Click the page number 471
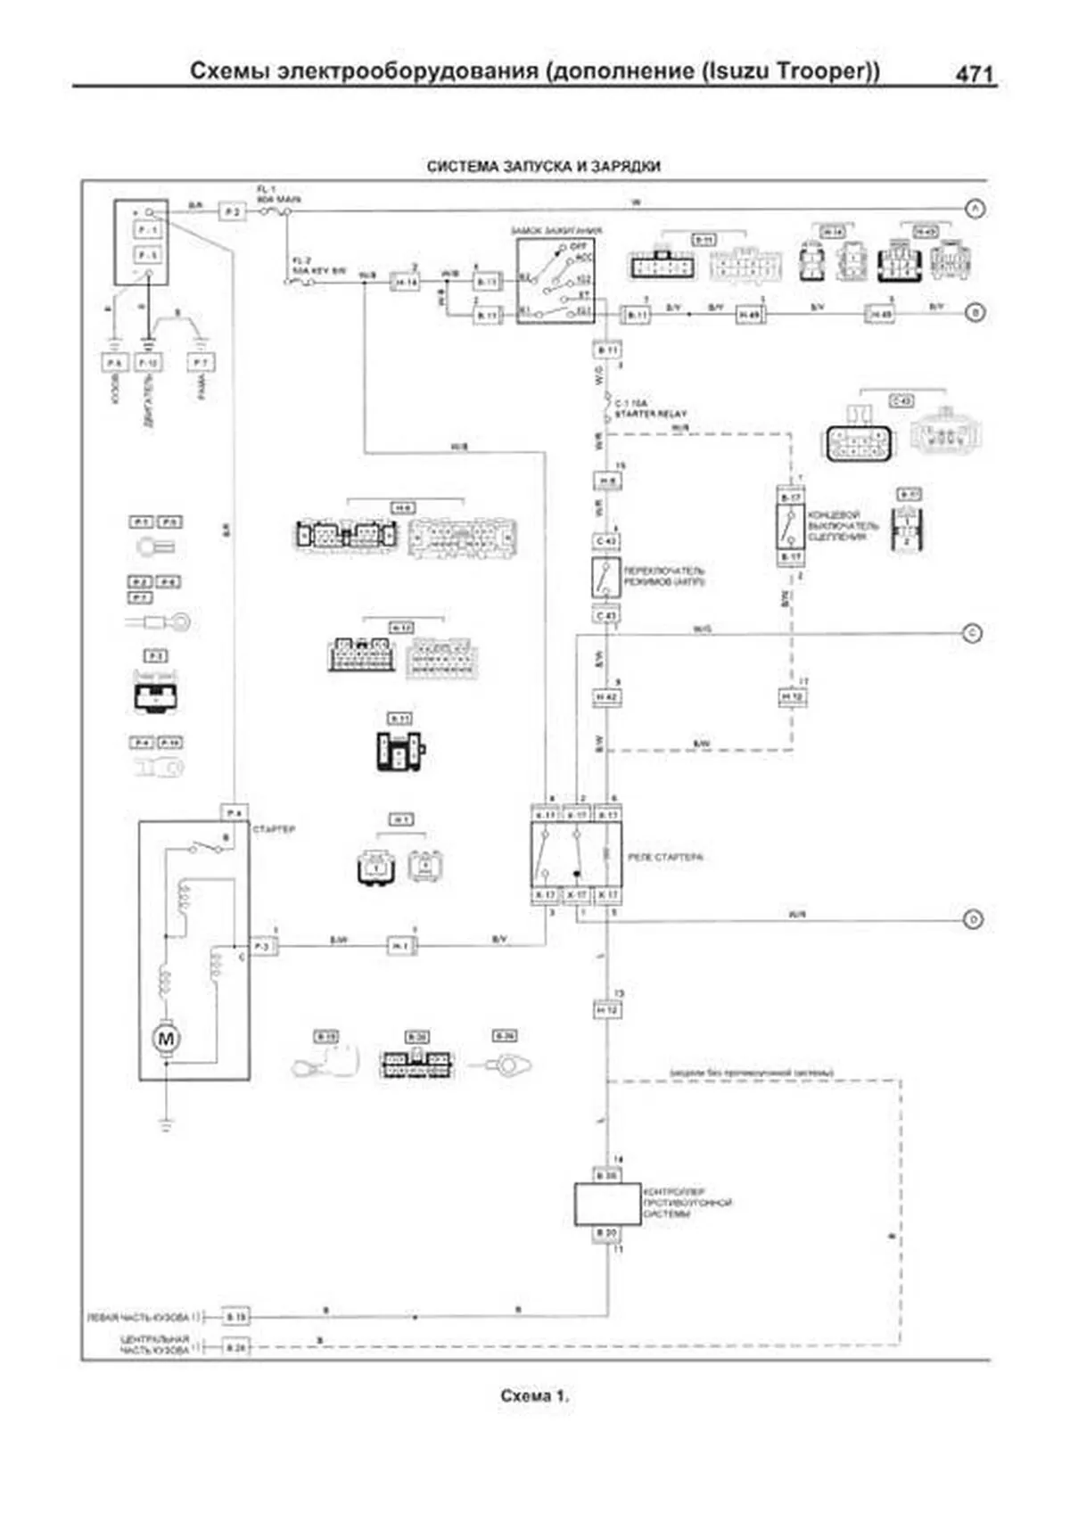click(x=974, y=74)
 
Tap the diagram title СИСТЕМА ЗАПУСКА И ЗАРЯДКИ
click(x=543, y=167)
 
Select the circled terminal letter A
click(x=975, y=209)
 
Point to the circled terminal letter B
click(x=975, y=313)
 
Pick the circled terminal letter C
click(x=973, y=634)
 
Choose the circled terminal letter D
click(x=973, y=919)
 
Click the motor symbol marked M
click(x=166, y=1038)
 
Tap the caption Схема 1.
click(x=534, y=1396)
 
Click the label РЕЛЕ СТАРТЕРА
click(x=665, y=858)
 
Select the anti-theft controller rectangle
click(x=607, y=1204)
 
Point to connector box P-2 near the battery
click(x=232, y=211)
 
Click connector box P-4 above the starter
click(x=234, y=813)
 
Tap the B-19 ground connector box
click(x=235, y=1316)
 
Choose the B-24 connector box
click(x=235, y=1348)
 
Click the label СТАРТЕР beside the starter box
click(x=274, y=830)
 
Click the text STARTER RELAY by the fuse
click(x=651, y=415)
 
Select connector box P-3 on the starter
click(x=263, y=946)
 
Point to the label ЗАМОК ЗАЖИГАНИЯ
click(x=556, y=231)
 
